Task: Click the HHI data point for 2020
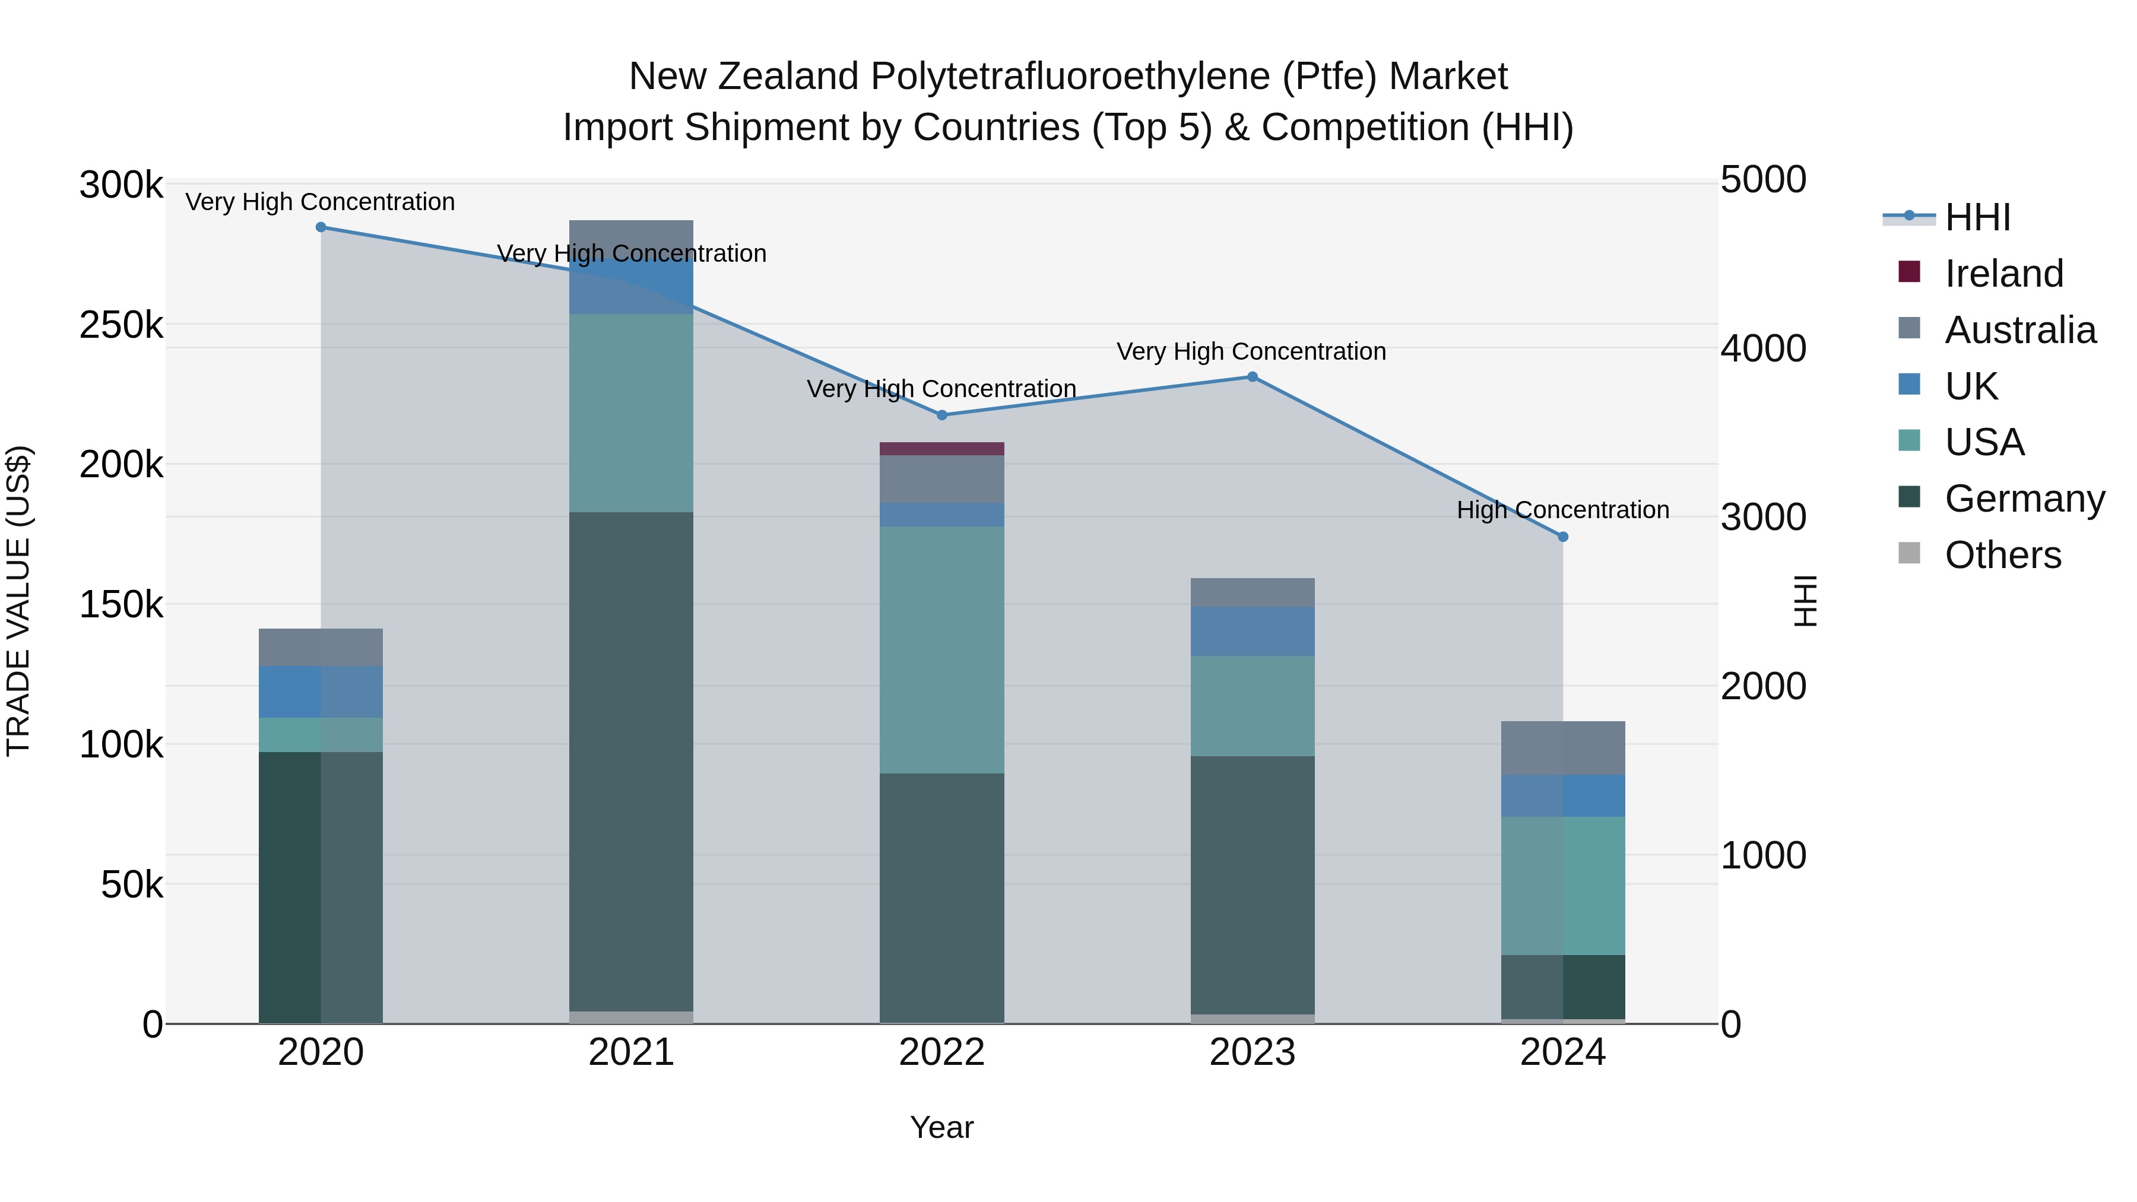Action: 321,227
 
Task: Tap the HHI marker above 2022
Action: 941,415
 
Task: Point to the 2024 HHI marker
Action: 1563,537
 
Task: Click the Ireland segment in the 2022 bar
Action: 941,449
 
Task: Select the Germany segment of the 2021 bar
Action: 632,762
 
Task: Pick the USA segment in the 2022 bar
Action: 941,649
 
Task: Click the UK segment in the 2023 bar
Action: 1253,632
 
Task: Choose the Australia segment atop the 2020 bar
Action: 321,647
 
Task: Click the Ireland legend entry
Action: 2003,274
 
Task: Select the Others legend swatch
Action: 1909,553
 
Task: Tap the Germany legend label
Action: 2024,499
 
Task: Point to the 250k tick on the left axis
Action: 121,325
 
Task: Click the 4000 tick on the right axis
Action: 1763,348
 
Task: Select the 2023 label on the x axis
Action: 1253,1052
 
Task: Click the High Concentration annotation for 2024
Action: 1563,510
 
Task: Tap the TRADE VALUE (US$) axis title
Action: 18,601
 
